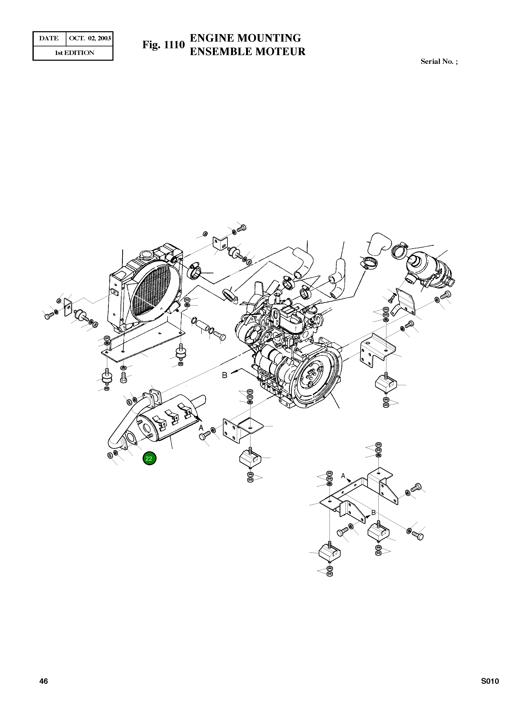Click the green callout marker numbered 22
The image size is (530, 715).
(149, 459)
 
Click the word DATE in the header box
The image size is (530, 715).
(49, 38)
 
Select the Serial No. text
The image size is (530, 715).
(439, 62)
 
